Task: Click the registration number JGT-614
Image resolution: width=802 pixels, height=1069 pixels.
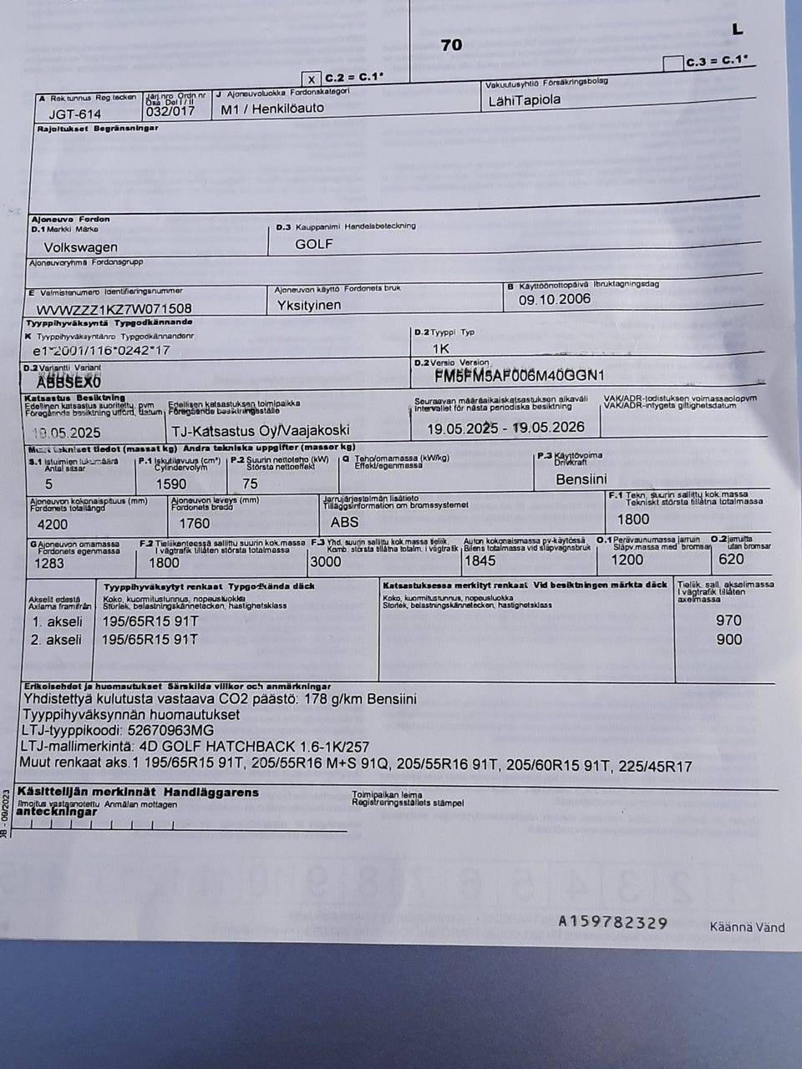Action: click(74, 114)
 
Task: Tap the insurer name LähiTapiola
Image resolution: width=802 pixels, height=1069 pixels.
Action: click(524, 100)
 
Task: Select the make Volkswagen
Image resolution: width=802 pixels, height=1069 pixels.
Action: click(80, 247)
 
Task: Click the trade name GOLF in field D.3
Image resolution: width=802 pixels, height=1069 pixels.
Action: click(313, 244)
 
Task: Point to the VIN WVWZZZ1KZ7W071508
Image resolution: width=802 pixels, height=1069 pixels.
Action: click(114, 309)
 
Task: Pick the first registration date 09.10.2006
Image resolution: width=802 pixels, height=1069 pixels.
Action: click(554, 299)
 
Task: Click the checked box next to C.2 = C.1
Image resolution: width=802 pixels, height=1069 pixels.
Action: click(311, 79)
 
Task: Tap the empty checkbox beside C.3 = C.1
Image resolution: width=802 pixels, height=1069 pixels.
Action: click(672, 63)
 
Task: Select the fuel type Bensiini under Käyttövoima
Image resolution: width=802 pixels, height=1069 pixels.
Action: click(581, 479)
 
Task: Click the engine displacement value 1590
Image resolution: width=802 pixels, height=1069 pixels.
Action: click(171, 484)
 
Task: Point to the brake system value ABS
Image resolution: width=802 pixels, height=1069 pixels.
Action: click(344, 522)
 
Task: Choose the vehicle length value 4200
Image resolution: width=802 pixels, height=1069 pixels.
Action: click(53, 524)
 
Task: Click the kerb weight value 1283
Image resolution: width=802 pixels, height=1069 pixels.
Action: click(48, 562)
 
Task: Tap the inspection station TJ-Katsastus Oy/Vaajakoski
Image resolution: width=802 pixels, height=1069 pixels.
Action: click(259, 431)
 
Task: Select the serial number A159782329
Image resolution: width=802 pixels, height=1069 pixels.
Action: click(612, 922)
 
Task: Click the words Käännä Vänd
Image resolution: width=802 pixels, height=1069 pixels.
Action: click(747, 927)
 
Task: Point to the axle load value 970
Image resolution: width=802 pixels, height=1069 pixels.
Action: click(728, 620)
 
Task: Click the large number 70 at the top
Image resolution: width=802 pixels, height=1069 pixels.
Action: click(451, 45)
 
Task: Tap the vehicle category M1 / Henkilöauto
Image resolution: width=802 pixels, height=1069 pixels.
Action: click(272, 109)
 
